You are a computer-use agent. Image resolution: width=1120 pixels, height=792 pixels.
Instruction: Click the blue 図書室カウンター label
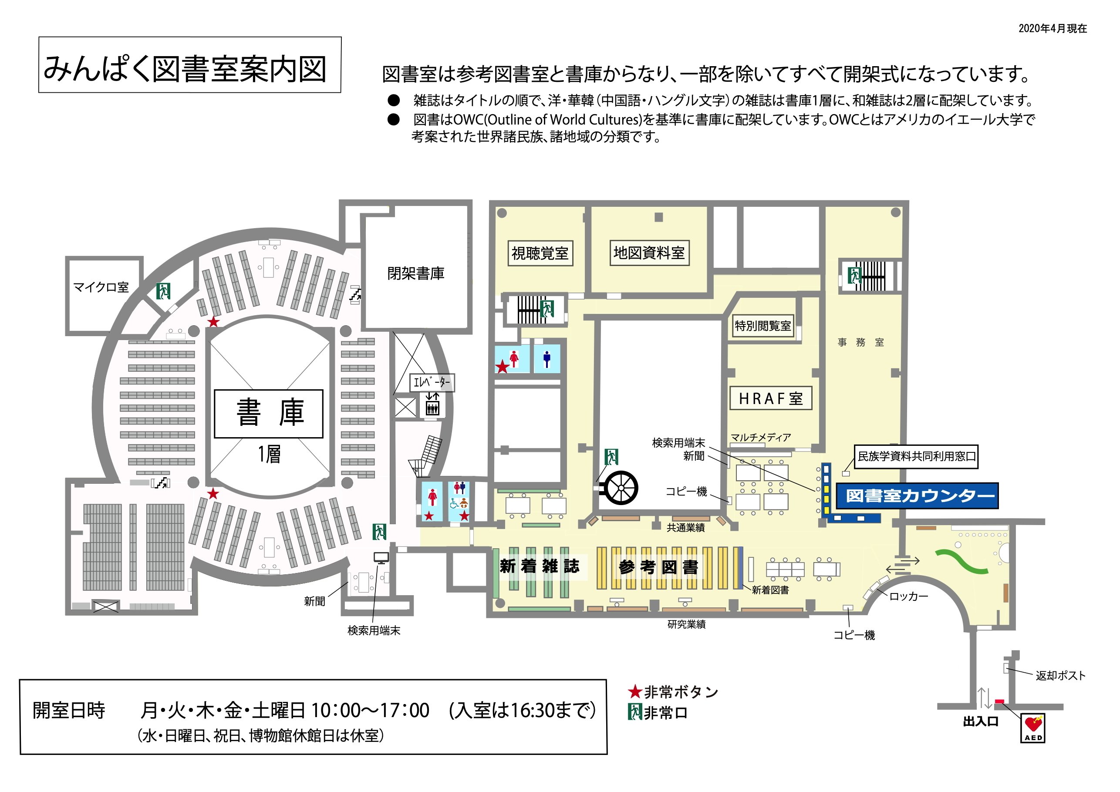(917, 496)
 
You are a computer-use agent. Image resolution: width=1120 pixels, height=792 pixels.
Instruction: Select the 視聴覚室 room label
(540, 253)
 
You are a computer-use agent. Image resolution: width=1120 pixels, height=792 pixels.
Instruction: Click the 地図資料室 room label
(649, 253)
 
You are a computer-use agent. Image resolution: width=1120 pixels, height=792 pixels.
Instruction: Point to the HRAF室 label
(770, 398)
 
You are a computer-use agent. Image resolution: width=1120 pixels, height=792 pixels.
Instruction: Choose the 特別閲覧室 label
(763, 326)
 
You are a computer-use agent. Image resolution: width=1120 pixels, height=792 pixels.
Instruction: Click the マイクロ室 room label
(101, 287)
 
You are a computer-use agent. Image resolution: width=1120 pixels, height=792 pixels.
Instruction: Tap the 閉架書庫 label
(415, 273)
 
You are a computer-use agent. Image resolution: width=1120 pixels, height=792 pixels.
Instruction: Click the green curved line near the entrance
(961, 561)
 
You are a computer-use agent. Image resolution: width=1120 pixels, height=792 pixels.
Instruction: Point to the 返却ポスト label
(1060, 675)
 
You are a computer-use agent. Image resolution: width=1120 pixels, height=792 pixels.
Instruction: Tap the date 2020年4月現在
(1052, 28)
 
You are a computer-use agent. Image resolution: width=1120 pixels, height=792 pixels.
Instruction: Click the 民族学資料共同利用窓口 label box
(916, 456)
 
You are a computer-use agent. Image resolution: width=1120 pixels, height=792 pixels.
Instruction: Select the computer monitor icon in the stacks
(381, 557)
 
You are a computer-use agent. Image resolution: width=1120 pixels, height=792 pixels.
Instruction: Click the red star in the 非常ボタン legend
(634, 691)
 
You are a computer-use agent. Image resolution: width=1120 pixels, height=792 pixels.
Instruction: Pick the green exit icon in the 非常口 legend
(634, 712)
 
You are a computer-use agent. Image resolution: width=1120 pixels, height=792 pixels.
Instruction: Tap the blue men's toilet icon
(547, 359)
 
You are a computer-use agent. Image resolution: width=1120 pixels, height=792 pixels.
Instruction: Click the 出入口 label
(981, 722)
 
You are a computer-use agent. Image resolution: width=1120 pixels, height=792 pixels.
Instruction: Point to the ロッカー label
(908, 597)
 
